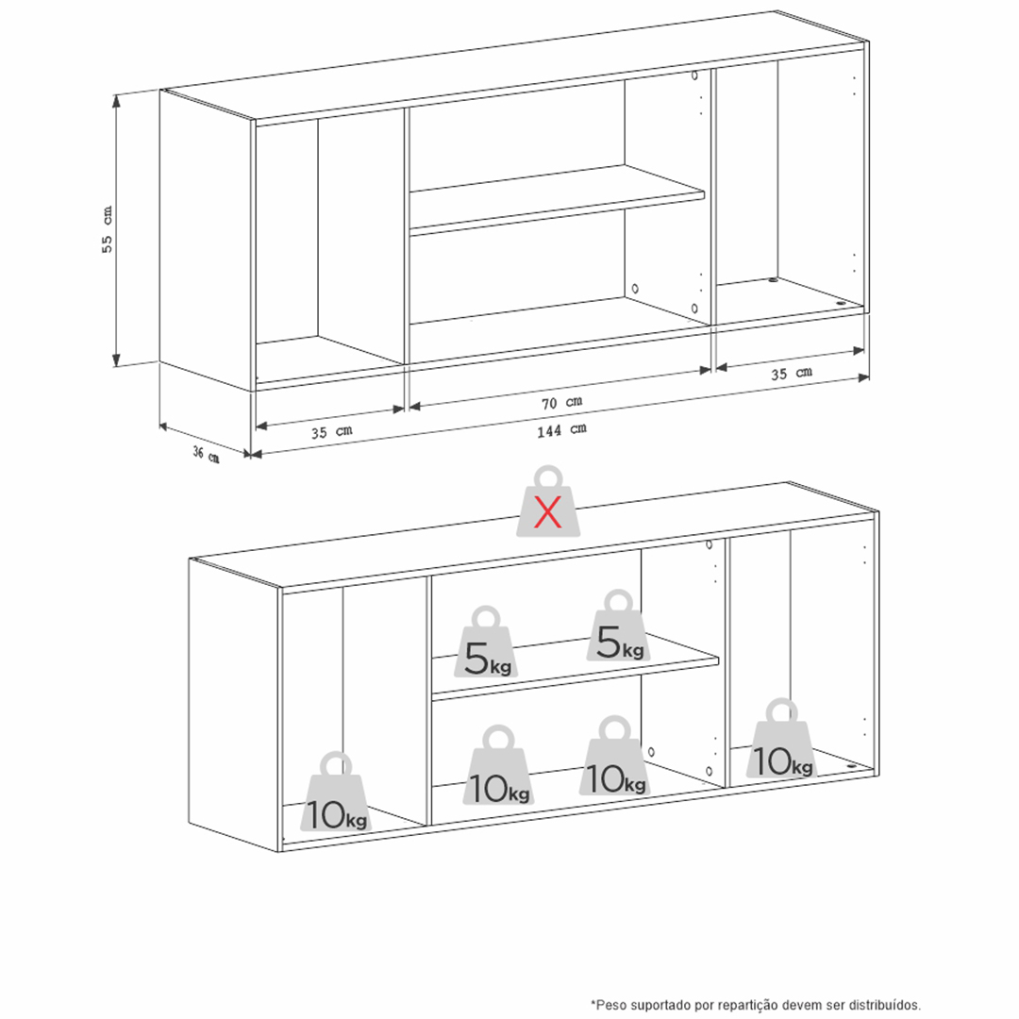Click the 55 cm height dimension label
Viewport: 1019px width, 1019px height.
click(x=108, y=229)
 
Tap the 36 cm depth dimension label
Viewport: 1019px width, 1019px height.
click(x=206, y=454)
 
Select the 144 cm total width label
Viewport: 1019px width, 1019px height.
click(x=561, y=430)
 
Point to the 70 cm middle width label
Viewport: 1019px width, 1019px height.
click(x=561, y=403)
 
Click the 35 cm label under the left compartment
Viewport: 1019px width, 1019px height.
click(x=331, y=431)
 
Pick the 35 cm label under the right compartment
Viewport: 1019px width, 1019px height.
click(x=792, y=373)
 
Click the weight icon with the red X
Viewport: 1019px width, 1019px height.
click(x=548, y=501)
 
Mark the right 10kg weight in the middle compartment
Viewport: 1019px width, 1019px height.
click(x=615, y=756)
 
